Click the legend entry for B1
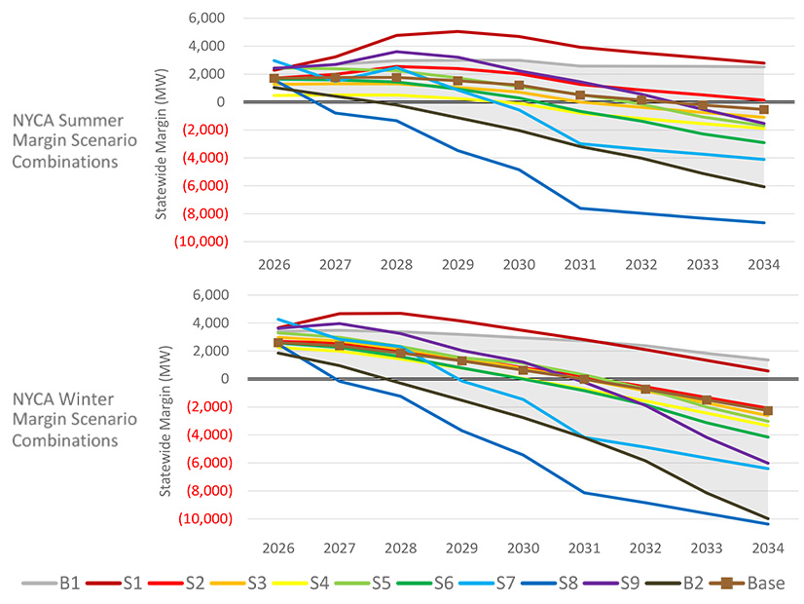pos(59,583)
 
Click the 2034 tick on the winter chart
pos(763,548)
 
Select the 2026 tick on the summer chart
pos(274,264)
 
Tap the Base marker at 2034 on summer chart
pos(763,110)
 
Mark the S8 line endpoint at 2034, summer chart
pos(763,223)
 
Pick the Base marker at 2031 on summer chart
pos(580,95)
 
